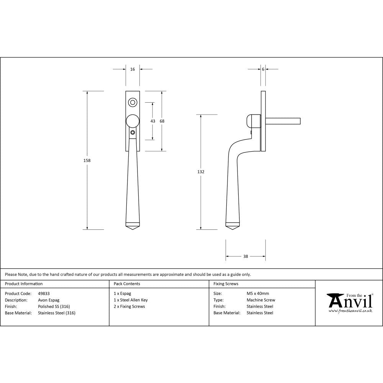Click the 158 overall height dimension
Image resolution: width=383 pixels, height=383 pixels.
(x=87, y=160)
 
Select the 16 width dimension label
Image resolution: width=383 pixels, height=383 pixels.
(x=133, y=69)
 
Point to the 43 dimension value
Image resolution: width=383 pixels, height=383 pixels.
(x=153, y=121)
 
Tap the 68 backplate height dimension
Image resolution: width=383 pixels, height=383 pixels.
(x=162, y=121)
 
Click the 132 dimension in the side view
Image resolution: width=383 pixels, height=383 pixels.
(x=201, y=172)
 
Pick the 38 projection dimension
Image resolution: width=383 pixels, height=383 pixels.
(x=246, y=256)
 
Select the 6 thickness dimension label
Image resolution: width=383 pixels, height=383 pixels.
(x=263, y=69)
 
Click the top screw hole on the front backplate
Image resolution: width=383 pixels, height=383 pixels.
(x=133, y=102)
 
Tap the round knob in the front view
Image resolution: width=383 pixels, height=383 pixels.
(x=133, y=121)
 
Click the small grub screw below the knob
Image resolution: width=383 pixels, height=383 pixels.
(x=133, y=133)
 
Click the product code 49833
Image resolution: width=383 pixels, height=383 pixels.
(x=44, y=293)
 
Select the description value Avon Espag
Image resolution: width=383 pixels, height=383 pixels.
(x=49, y=300)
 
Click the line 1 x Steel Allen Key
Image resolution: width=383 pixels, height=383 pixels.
(x=131, y=300)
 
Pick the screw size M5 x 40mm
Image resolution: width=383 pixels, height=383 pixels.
(x=258, y=293)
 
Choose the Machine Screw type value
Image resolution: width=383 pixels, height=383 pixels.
(x=261, y=300)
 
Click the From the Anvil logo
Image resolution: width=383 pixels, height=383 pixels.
(x=350, y=302)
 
